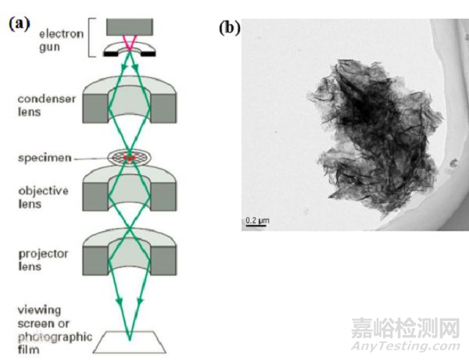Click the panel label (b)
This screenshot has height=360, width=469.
[x=230, y=29]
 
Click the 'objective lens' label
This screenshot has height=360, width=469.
[x=42, y=196]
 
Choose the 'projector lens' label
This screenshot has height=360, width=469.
[x=43, y=260]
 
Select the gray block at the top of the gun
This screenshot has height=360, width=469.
[x=130, y=26]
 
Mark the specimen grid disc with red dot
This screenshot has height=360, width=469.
[x=130, y=157]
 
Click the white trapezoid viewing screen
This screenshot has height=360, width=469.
[x=130, y=342]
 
